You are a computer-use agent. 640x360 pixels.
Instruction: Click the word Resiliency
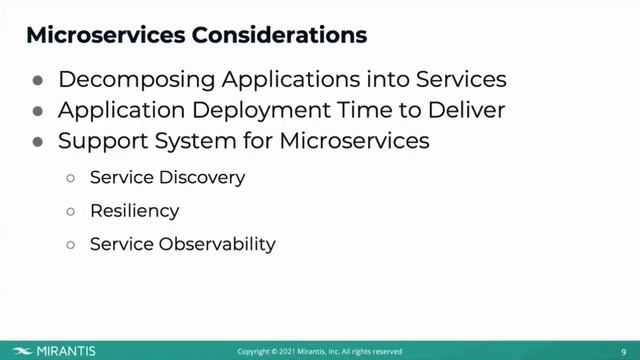pyautogui.click(x=134, y=211)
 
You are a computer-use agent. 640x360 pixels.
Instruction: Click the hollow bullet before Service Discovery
pyautogui.click(x=71, y=179)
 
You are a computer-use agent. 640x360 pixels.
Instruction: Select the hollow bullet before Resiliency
pyautogui.click(x=71, y=212)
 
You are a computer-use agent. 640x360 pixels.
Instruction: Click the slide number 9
pyautogui.click(x=623, y=351)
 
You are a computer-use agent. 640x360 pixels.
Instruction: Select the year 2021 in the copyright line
pyautogui.click(x=286, y=352)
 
